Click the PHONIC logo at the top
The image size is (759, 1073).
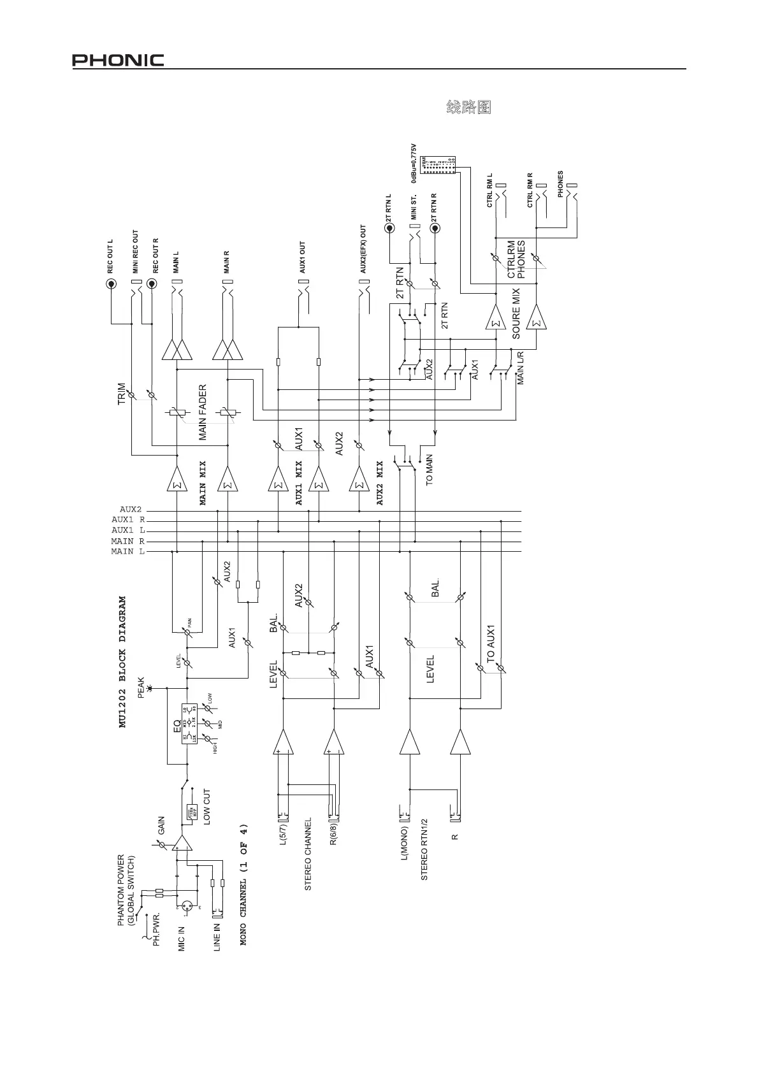pyautogui.click(x=118, y=61)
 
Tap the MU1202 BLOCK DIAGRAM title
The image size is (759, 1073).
pyautogui.click(x=122, y=661)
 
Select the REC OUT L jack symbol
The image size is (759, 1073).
pyautogui.click(x=111, y=284)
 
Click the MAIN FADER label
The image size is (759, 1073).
pyautogui.click(x=203, y=412)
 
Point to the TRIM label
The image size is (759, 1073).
pyautogui.click(x=122, y=394)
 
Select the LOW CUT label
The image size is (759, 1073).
pyautogui.click(x=206, y=807)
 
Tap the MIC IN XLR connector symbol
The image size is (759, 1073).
pyautogui.click(x=187, y=905)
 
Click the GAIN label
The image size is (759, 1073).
pyautogui.click(x=161, y=826)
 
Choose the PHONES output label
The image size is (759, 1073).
pyautogui.click(x=561, y=184)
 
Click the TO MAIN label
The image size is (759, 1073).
pyautogui.click(x=430, y=470)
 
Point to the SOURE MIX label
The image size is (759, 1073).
pyautogui.click(x=516, y=313)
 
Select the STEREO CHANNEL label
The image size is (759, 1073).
pyautogui.click(x=308, y=854)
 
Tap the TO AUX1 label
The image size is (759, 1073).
pyautogui.click(x=491, y=644)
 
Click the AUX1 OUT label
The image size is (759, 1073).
pyautogui.click(x=303, y=257)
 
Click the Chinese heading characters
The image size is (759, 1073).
pyautogui.click(x=468, y=107)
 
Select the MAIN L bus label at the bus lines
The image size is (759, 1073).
pyautogui.click(x=127, y=551)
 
